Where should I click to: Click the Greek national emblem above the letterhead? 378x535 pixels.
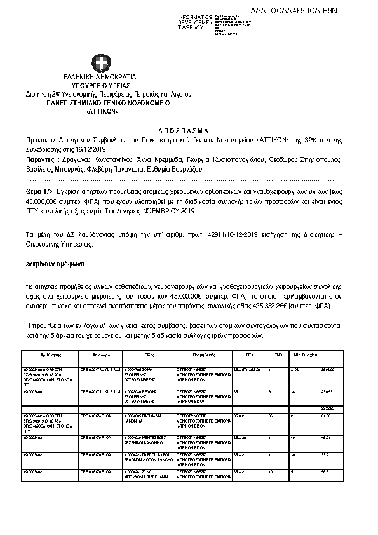pos(100,64)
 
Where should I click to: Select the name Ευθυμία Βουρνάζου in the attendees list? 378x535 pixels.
pos(179,170)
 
